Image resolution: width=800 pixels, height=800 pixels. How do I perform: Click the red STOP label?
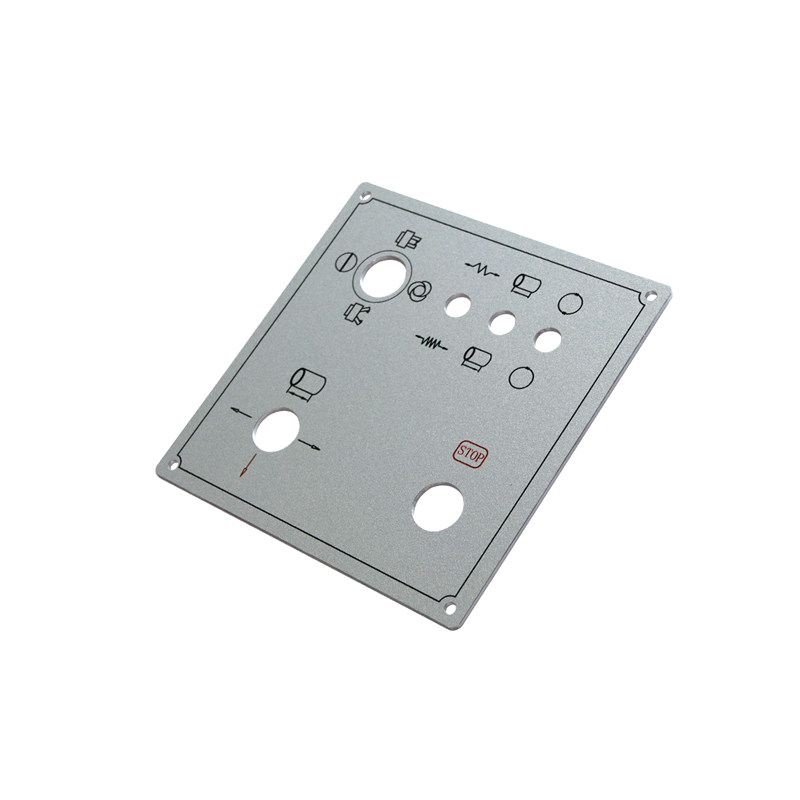pos(470,454)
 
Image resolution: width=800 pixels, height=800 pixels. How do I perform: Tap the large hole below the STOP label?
pos(438,507)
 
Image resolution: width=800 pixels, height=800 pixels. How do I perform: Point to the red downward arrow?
pos(246,466)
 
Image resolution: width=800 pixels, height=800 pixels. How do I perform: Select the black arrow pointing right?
pos(309,445)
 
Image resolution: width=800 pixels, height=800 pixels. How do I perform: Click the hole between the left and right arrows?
pos(276,432)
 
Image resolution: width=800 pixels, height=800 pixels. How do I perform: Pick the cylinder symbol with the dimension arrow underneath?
pos(307,384)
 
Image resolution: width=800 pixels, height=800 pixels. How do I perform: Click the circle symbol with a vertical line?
pos(345,263)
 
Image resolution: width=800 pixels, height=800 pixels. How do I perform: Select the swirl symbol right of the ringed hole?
pos(419,292)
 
